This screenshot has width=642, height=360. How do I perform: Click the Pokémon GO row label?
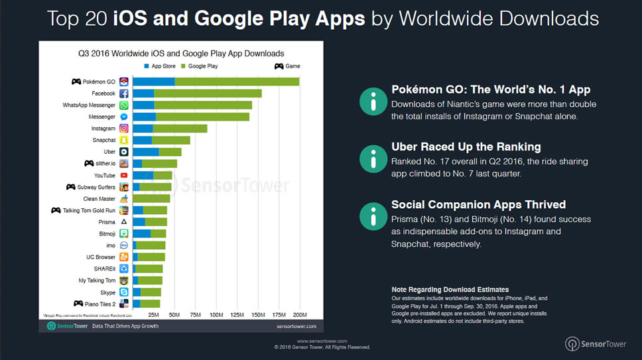(x=99, y=82)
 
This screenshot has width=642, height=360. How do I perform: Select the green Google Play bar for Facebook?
(x=207, y=93)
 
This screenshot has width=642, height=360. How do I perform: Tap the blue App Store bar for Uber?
(x=145, y=152)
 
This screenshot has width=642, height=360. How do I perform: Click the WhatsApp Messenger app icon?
(x=123, y=105)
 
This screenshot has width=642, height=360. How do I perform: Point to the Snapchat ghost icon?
(x=123, y=141)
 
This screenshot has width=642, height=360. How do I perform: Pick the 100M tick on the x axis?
(x=216, y=314)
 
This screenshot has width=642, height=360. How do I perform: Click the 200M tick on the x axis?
(x=299, y=314)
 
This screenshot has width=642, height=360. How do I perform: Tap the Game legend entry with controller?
(x=287, y=66)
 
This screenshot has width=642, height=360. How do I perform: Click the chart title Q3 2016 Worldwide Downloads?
(x=181, y=53)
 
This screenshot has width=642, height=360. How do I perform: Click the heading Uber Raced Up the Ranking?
(x=466, y=147)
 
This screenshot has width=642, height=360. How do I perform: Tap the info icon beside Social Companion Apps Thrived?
(x=373, y=217)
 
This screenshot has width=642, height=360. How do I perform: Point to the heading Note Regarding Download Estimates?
(x=450, y=290)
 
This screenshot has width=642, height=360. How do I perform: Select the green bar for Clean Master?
(x=151, y=199)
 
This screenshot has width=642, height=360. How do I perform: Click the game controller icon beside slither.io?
(x=89, y=164)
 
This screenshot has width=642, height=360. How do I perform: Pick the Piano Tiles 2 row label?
(x=101, y=304)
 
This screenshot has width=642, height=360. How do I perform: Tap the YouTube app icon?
(x=123, y=176)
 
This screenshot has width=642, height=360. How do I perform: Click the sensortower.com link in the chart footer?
(x=296, y=327)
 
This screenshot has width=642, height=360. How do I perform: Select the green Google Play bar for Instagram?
(x=180, y=129)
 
